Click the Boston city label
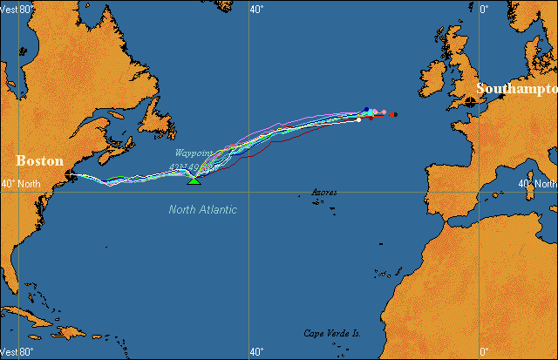(40, 161)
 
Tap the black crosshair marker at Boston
(71, 175)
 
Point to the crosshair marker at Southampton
(472, 102)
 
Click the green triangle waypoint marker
(194, 180)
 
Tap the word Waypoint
(194, 153)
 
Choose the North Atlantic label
(203, 209)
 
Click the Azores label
(324, 192)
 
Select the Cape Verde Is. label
(332, 333)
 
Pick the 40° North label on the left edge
(20, 184)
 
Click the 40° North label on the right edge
(536, 184)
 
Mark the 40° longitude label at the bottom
(256, 351)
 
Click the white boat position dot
(359, 119)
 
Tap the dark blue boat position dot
(366, 110)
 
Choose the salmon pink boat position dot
(384, 112)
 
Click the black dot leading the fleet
(394, 114)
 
